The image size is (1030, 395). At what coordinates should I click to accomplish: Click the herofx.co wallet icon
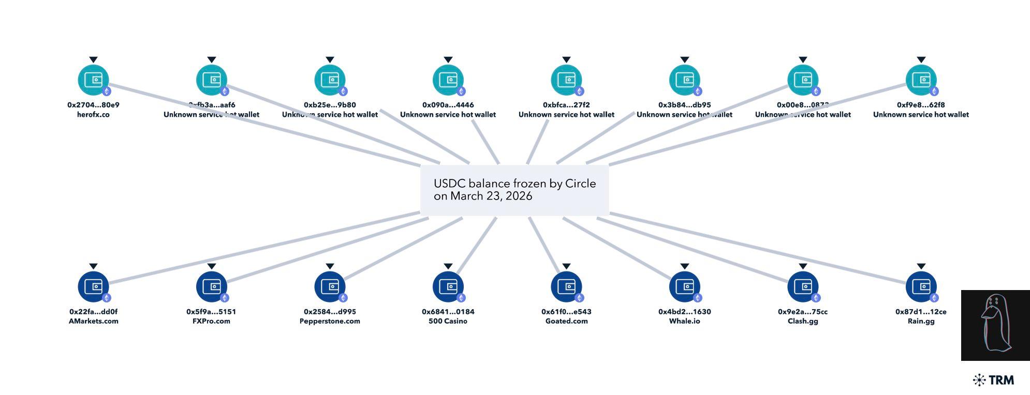[93, 80]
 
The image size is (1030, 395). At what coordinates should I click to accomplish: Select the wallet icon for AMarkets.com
[93, 286]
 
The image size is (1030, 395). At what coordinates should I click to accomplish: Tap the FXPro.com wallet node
[211, 286]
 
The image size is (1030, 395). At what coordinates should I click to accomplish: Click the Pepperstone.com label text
[330, 321]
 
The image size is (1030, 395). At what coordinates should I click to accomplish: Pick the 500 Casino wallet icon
[448, 286]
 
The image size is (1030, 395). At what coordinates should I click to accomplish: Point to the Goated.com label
[566, 321]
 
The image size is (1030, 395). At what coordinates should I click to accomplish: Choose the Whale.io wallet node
[684, 286]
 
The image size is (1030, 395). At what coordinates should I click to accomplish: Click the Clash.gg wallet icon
[802, 286]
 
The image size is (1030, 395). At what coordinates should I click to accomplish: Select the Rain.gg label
[921, 321]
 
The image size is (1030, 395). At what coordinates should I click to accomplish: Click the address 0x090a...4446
[448, 105]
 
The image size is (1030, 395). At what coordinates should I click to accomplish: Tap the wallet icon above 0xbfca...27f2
[566, 80]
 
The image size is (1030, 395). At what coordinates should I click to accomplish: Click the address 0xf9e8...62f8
[921, 105]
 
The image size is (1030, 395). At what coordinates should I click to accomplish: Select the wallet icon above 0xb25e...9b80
[330, 80]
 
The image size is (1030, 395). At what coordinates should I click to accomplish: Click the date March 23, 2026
[491, 196]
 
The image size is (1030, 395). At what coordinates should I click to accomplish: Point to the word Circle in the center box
[580, 184]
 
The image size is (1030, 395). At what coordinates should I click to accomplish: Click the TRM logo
[993, 380]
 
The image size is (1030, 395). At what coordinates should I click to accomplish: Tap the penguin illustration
[995, 325]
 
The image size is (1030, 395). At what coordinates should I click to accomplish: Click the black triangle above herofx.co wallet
[93, 60]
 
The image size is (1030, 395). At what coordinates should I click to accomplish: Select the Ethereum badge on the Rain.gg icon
[934, 298]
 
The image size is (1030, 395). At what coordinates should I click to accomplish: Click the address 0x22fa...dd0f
[93, 312]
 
